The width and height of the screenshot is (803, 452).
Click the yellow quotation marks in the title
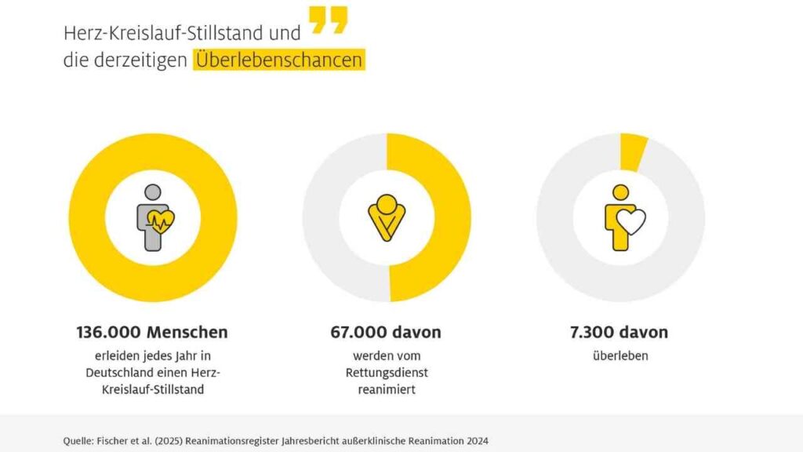click(x=328, y=20)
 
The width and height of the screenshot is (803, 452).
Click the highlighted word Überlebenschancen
click(x=279, y=60)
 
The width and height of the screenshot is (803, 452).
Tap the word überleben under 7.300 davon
click(x=620, y=355)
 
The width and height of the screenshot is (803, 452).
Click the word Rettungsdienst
click(x=387, y=371)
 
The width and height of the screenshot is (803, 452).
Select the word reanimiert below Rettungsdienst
click(x=387, y=388)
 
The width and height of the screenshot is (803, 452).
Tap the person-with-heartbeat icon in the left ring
click(x=154, y=217)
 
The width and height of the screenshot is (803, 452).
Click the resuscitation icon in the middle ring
click(x=387, y=217)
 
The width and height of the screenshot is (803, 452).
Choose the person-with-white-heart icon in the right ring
click(x=623, y=217)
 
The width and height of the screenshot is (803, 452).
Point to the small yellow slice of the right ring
click(x=633, y=151)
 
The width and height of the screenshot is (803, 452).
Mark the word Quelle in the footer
click(x=78, y=440)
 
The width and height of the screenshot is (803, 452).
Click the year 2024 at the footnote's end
click(x=475, y=440)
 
